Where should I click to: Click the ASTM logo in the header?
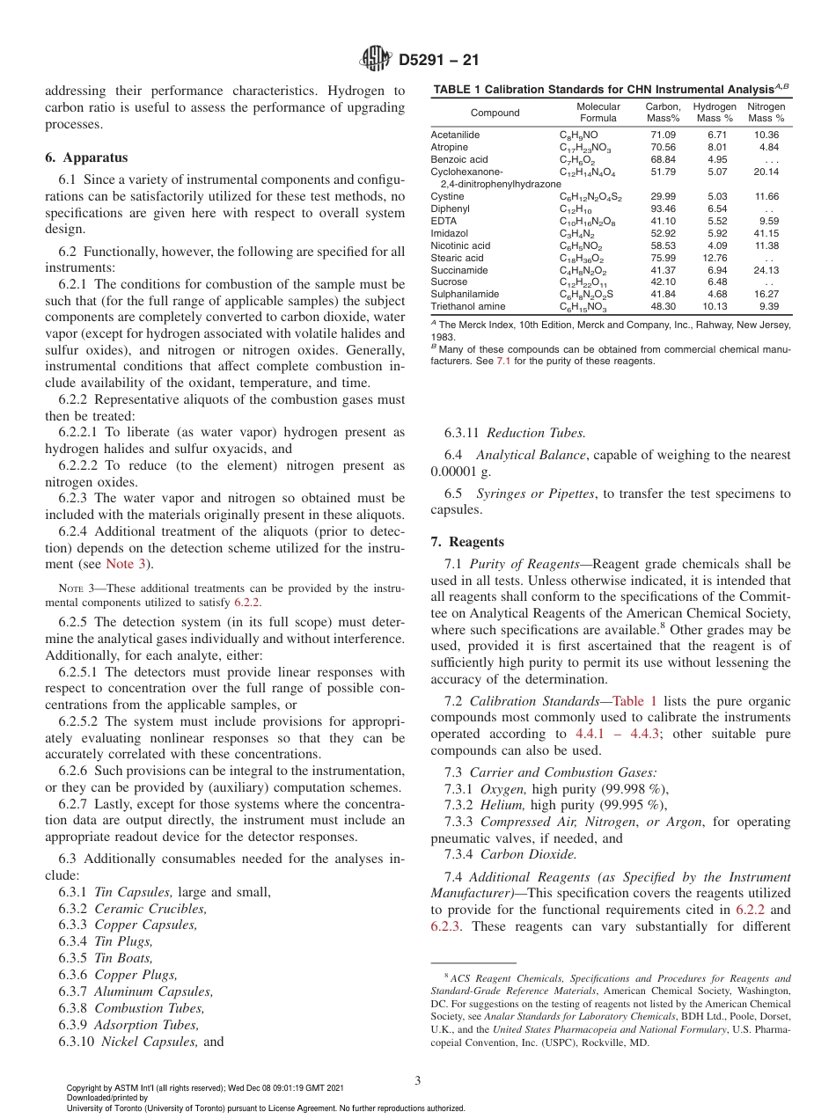[375, 61]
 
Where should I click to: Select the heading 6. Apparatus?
[86, 157]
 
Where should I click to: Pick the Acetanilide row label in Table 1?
[455, 135]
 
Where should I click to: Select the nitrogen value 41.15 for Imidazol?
[766, 233]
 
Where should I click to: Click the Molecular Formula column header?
[598, 112]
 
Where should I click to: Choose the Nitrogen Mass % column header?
[766, 112]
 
